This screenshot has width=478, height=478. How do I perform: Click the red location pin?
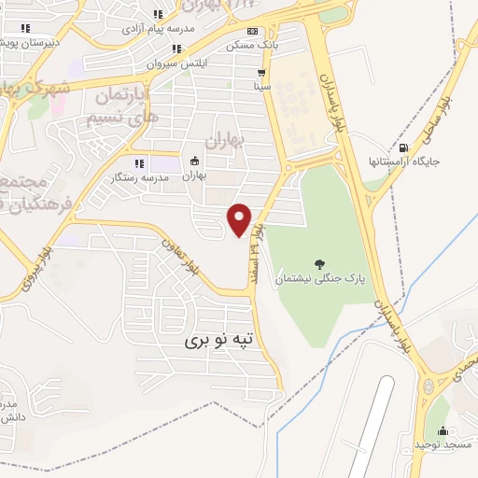(x=240, y=218)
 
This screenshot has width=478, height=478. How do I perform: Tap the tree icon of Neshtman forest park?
(x=320, y=264)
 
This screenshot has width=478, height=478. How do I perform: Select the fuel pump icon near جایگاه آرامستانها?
(x=403, y=147)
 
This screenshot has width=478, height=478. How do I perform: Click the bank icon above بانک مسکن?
(x=251, y=31)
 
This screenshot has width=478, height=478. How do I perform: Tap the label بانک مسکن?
(x=251, y=44)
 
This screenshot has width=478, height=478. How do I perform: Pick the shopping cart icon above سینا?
(x=262, y=72)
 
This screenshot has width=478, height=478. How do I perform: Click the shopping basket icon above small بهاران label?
(x=193, y=160)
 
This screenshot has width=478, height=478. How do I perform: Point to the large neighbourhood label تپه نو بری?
(x=218, y=341)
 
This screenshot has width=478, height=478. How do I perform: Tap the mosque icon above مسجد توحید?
(x=443, y=430)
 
